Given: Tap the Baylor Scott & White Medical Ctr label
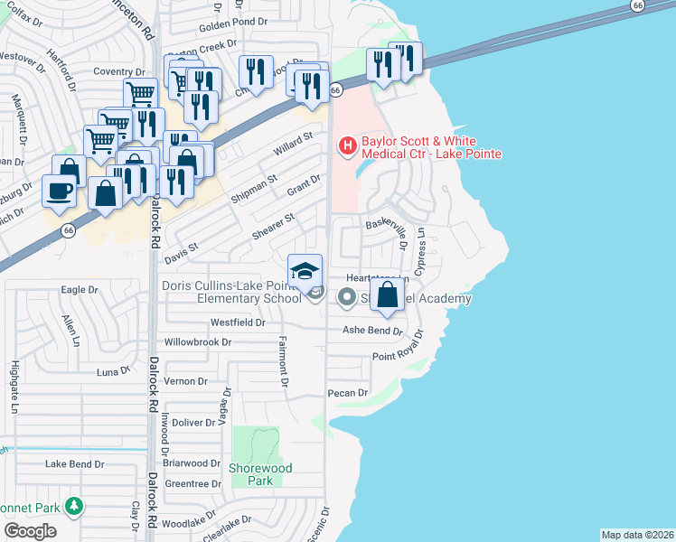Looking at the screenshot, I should [431, 147].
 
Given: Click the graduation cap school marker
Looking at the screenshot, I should [305, 270].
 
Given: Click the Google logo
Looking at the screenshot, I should [30, 531].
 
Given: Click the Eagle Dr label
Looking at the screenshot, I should [79, 290].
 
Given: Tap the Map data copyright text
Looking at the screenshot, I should [636, 535].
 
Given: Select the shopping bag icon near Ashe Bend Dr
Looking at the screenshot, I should [387, 295].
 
